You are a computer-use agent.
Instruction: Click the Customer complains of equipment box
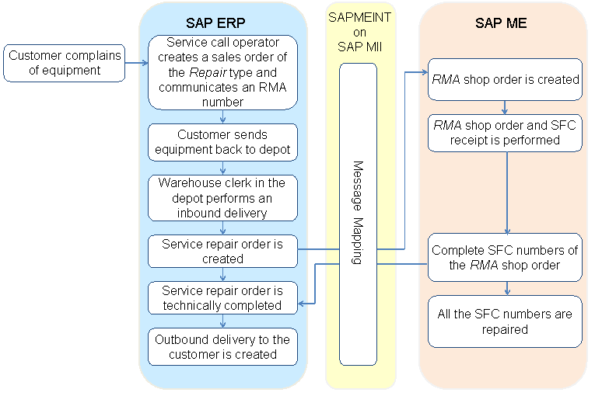point(64,63)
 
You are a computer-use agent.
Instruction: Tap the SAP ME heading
point(501,23)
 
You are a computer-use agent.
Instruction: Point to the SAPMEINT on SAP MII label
point(359,31)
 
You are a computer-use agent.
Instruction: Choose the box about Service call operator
point(223,71)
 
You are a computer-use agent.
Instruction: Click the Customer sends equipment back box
point(223,142)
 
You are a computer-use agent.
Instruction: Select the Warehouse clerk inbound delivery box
point(223,198)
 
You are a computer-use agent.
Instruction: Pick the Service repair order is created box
point(223,251)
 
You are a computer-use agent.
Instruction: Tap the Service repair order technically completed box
point(223,298)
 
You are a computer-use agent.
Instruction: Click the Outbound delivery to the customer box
point(223,347)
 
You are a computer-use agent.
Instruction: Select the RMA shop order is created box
point(506,79)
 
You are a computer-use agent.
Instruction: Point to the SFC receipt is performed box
point(506,133)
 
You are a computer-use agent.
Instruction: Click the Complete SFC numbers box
point(506,258)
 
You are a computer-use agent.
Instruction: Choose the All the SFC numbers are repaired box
point(506,321)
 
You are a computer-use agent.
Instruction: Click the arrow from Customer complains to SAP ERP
point(136,63)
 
